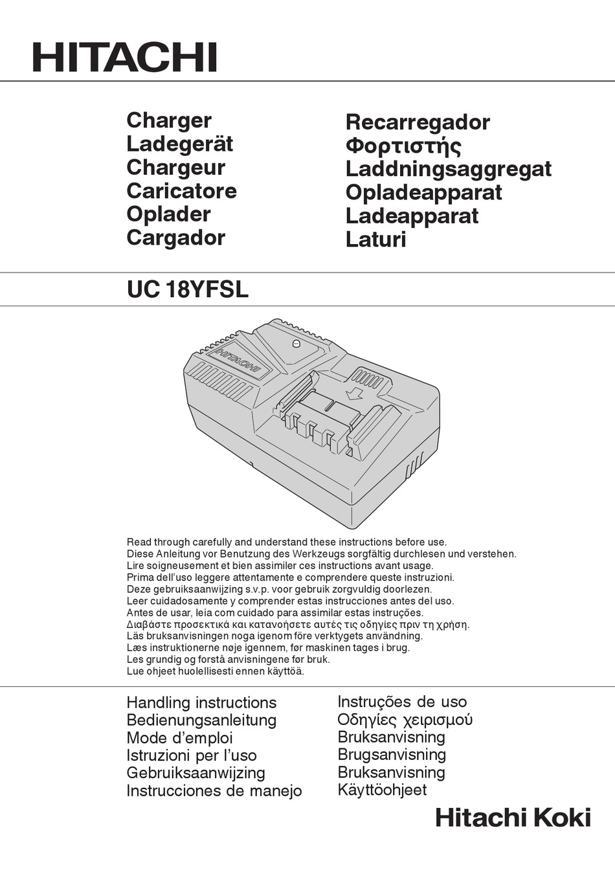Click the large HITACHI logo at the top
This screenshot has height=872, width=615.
(x=124, y=58)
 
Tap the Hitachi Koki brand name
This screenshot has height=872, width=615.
(x=513, y=818)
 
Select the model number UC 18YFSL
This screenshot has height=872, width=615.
(x=188, y=289)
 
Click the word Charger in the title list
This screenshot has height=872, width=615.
(x=169, y=120)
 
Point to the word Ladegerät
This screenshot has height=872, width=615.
(x=179, y=144)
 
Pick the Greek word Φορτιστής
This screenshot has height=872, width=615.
(x=403, y=146)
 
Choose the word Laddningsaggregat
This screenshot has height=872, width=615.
(x=448, y=169)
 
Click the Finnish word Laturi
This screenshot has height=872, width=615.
(x=375, y=240)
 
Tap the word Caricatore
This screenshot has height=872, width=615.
(x=181, y=191)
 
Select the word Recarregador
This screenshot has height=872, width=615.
(x=418, y=122)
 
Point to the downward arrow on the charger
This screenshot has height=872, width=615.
(x=354, y=393)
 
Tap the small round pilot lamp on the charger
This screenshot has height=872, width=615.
(x=296, y=344)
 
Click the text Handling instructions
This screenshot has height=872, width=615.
(x=201, y=702)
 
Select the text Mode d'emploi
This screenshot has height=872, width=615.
(x=179, y=738)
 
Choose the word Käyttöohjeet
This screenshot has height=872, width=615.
(x=382, y=790)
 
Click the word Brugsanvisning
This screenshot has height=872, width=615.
(x=392, y=755)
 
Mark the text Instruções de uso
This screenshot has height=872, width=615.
(x=401, y=702)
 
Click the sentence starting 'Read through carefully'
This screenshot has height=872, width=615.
(x=286, y=542)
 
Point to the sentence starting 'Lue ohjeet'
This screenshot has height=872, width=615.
(x=215, y=671)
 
